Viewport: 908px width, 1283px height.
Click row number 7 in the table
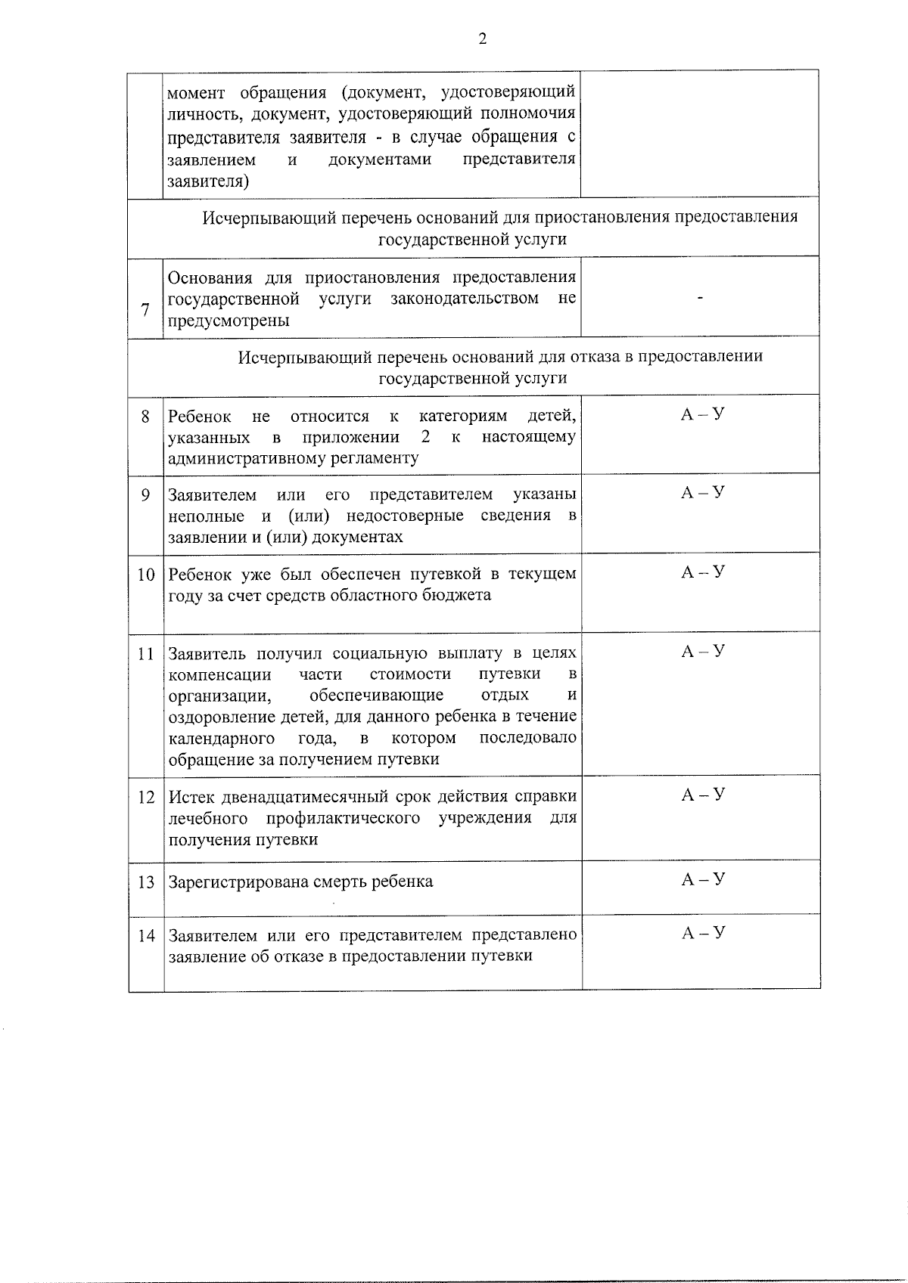tap(145, 309)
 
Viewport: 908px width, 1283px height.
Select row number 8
tap(145, 416)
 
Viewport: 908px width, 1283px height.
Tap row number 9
tap(145, 495)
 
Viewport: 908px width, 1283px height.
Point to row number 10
tap(145, 575)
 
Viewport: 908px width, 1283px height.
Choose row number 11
tap(145, 653)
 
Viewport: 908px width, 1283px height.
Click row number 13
tap(145, 882)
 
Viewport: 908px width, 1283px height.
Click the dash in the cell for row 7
tap(701, 299)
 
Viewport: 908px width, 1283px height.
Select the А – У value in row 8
tap(703, 414)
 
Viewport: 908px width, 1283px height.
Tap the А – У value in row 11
tap(703, 651)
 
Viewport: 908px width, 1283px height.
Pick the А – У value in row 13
tap(703, 879)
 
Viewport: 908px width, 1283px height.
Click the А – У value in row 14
tap(703, 933)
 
